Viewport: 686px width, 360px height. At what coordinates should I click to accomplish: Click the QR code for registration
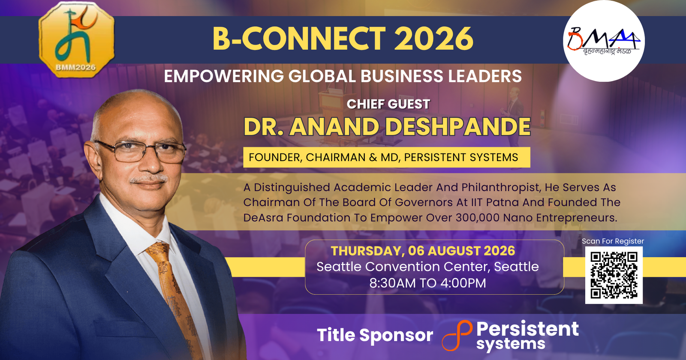[x=614, y=275]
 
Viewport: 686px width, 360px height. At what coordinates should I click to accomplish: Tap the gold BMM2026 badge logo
[x=77, y=39]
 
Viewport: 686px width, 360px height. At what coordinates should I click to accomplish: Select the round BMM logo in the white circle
[x=604, y=41]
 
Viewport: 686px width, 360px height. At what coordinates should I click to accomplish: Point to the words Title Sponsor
[x=375, y=335]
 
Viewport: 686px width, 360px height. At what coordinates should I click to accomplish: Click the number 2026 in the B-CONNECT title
[x=433, y=39]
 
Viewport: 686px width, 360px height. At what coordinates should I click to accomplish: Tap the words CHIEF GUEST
[x=388, y=104]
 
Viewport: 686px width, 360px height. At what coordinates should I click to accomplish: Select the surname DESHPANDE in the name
[x=457, y=127]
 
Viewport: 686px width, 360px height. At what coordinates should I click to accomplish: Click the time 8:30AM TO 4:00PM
[x=427, y=283]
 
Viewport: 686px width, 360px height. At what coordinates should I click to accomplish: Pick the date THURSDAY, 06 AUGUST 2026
[x=423, y=251]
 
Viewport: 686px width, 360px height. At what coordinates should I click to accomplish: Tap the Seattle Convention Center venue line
[x=427, y=267]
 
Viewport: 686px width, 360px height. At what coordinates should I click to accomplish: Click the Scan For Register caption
[x=613, y=241]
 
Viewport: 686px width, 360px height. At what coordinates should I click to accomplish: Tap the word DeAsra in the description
[x=263, y=218]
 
